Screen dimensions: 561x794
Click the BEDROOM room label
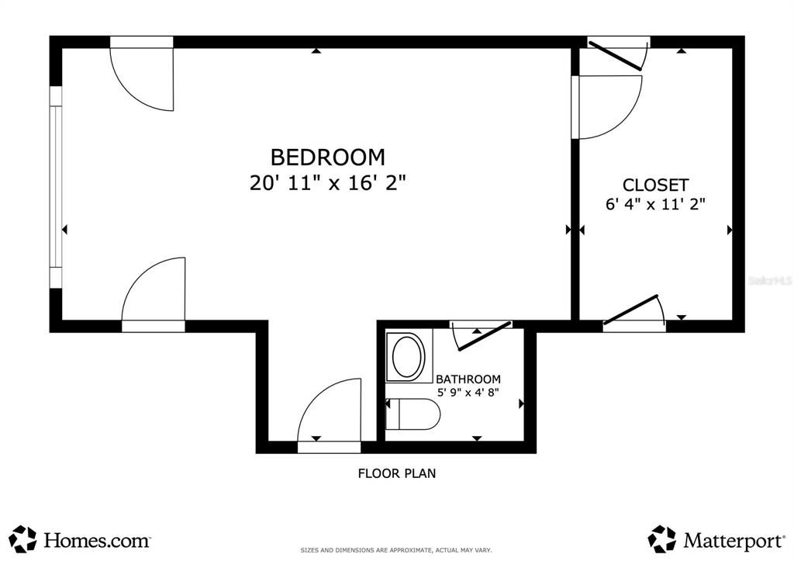[327, 158]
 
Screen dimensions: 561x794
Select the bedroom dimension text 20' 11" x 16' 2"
[327, 183]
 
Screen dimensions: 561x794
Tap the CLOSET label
[655, 185]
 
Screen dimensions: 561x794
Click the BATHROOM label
[468, 379]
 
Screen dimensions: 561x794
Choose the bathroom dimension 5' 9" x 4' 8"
[468, 393]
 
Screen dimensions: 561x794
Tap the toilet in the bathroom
[413, 414]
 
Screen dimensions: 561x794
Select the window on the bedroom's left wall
[56, 186]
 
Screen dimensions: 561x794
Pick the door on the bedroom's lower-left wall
[155, 293]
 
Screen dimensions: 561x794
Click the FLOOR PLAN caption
[396, 473]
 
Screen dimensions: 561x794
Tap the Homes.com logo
[81, 538]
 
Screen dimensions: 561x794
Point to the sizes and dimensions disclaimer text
[396, 550]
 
